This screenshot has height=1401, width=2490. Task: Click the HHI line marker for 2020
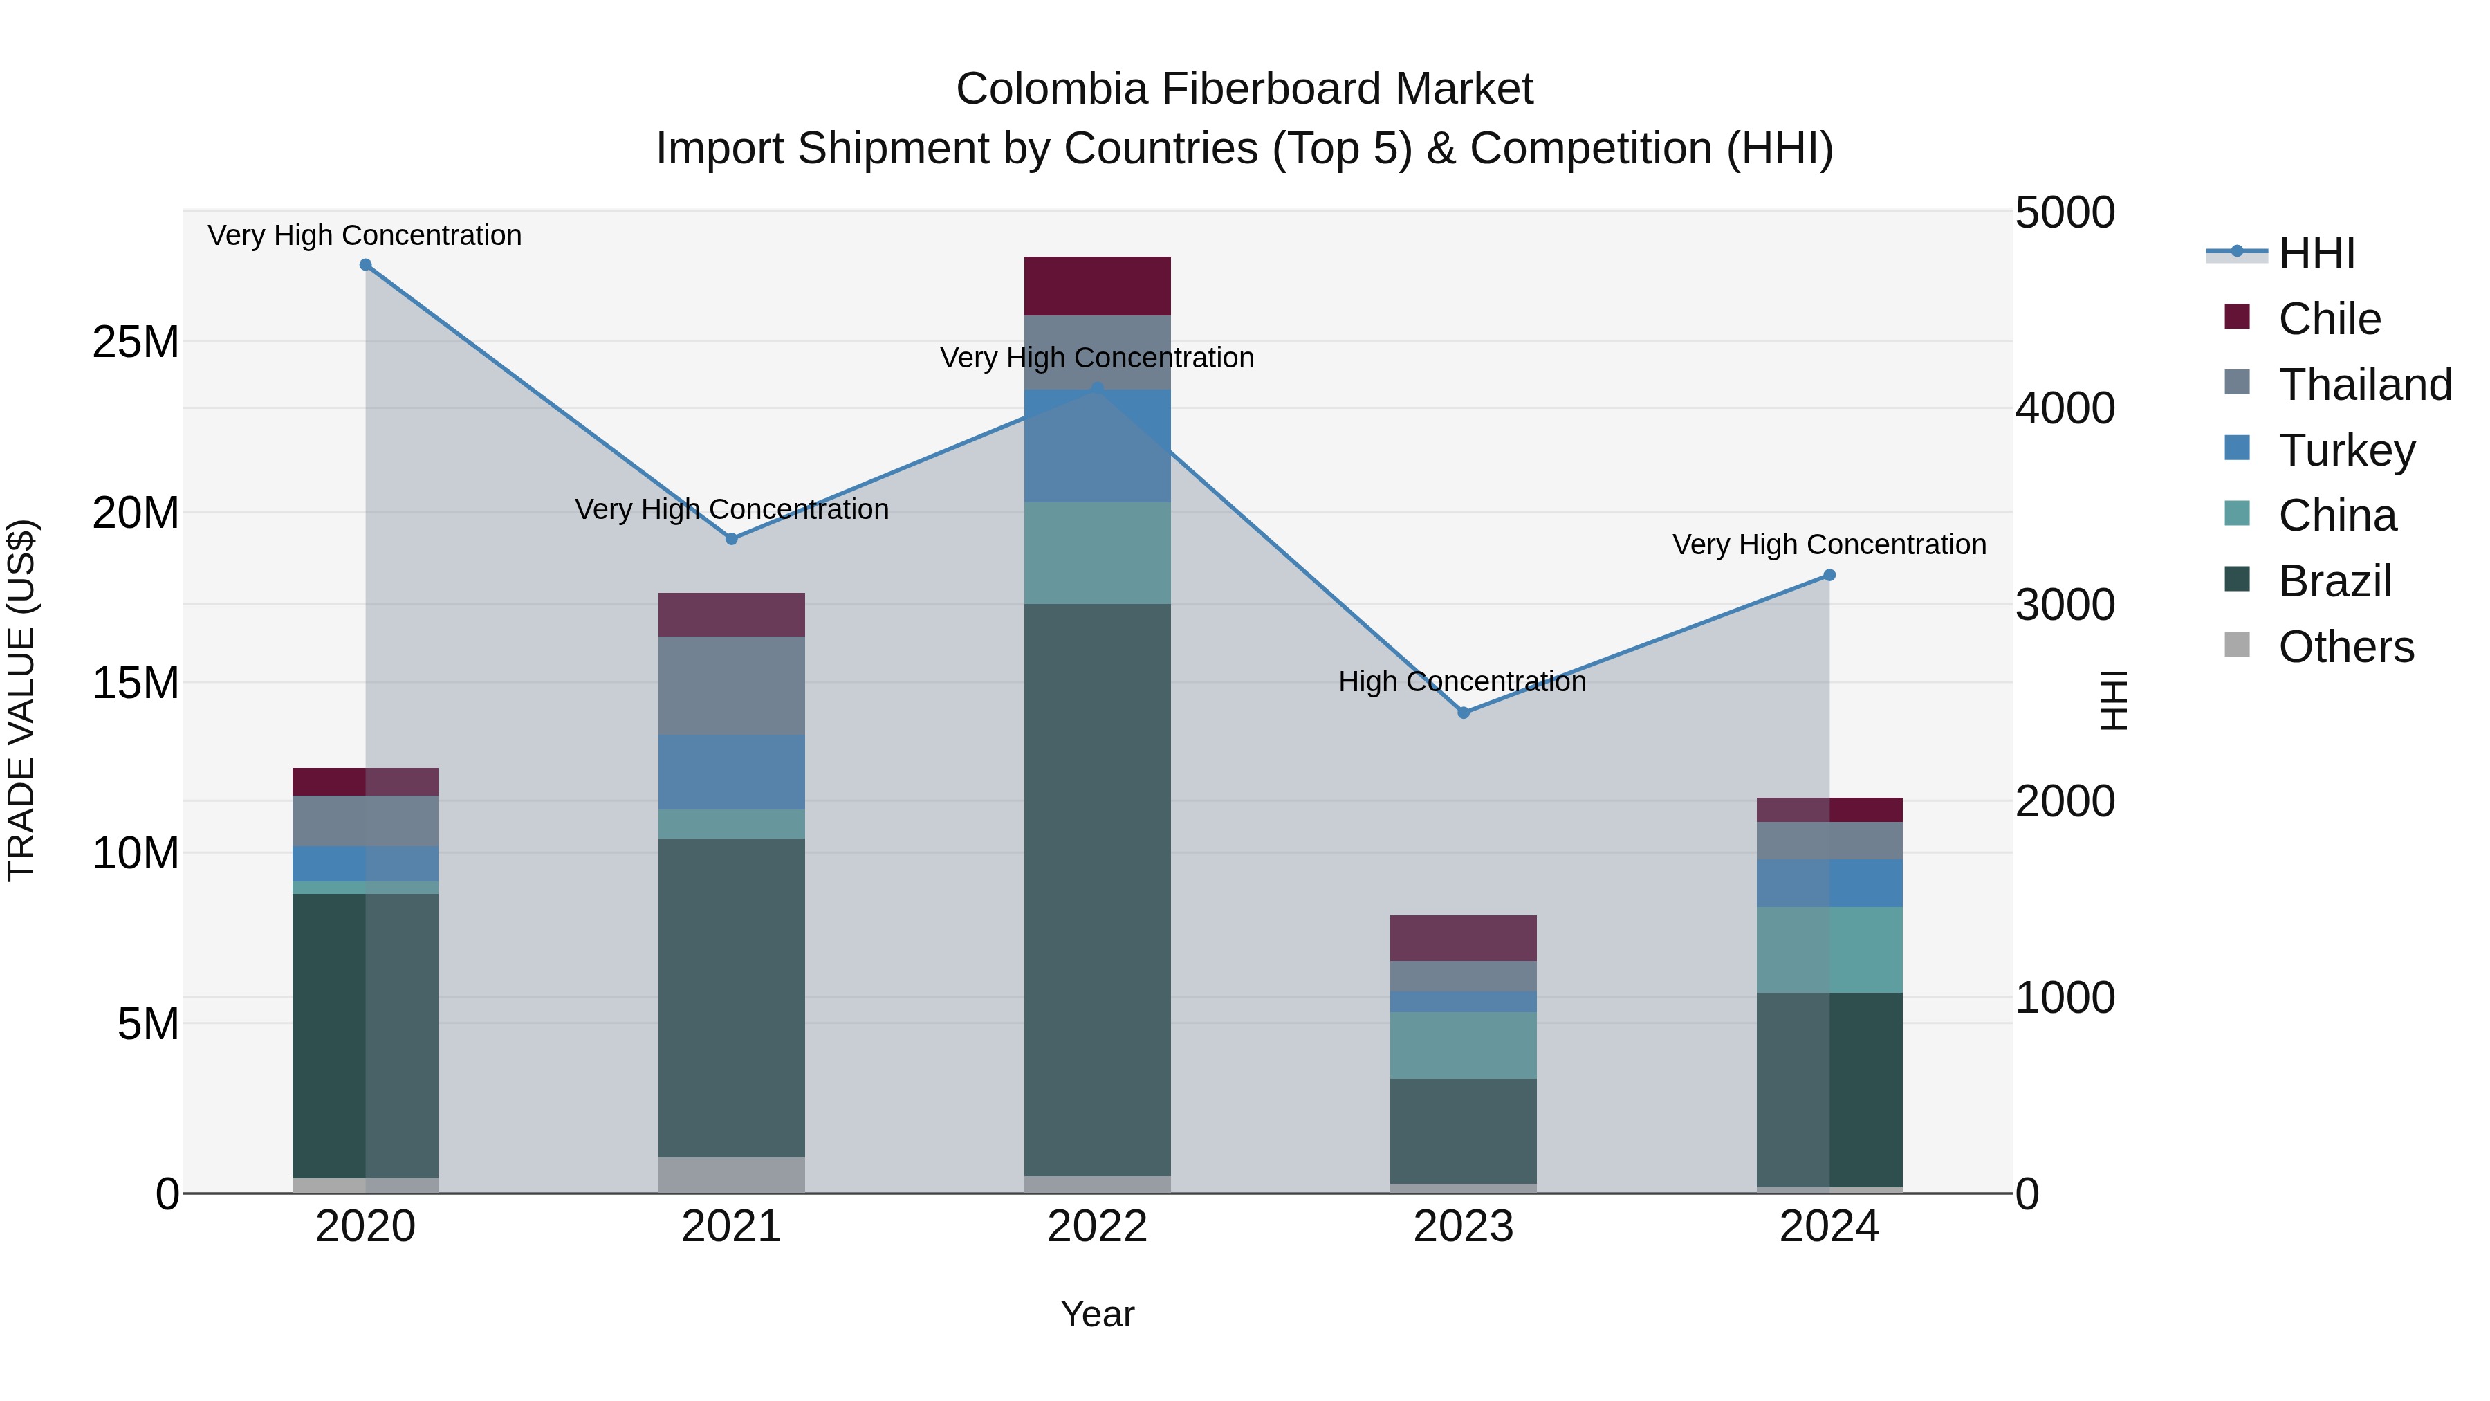click(365, 265)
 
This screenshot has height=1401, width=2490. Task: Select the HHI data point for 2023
click(1464, 713)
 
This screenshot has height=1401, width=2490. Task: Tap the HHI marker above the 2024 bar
click(1829, 576)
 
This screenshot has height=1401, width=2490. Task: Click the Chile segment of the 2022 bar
click(1097, 286)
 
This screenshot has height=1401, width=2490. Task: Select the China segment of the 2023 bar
click(1464, 1045)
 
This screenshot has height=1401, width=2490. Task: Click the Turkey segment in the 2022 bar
click(1097, 446)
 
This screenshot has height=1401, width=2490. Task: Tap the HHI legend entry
click(2316, 253)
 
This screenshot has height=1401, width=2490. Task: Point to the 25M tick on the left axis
click(136, 342)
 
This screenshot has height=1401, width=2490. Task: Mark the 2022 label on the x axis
click(1097, 1227)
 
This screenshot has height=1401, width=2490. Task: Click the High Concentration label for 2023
click(1461, 681)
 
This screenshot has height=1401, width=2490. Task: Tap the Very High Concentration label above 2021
click(732, 509)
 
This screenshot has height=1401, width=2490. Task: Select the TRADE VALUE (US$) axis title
click(21, 700)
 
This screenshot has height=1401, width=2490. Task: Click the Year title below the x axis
click(1097, 1314)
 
